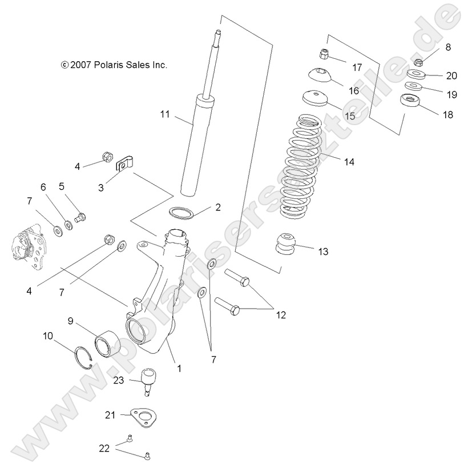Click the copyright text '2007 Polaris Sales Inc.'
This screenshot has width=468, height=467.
click(x=114, y=65)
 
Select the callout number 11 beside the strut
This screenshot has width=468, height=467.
click(x=165, y=114)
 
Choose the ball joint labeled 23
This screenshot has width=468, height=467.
click(x=150, y=380)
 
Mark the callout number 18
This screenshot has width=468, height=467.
click(x=447, y=114)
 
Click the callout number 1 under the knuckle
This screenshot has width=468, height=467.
click(x=179, y=369)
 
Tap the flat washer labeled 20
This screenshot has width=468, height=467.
click(x=415, y=74)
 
